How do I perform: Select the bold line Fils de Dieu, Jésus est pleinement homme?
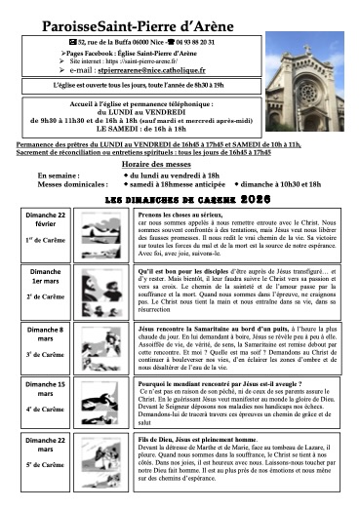click(x=195, y=444)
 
